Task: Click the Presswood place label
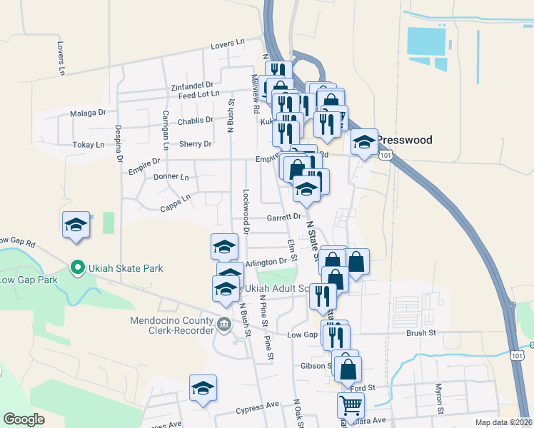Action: [x=404, y=140]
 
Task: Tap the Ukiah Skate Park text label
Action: [x=125, y=268]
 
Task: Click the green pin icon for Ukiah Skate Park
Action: [x=77, y=268]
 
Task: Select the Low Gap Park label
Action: [x=29, y=280]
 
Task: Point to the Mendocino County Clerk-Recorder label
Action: [x=172, y=325]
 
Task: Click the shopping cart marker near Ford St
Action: [x=351, y=406]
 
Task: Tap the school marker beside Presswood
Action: [x=364, y=143]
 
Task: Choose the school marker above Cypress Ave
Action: [x=203, y=388]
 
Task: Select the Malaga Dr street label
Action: [x=88, y=113]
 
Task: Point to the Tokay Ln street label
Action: [x=89, y=145]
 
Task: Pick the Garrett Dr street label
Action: [x=285, y=218]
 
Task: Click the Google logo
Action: [x=24, y=419]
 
